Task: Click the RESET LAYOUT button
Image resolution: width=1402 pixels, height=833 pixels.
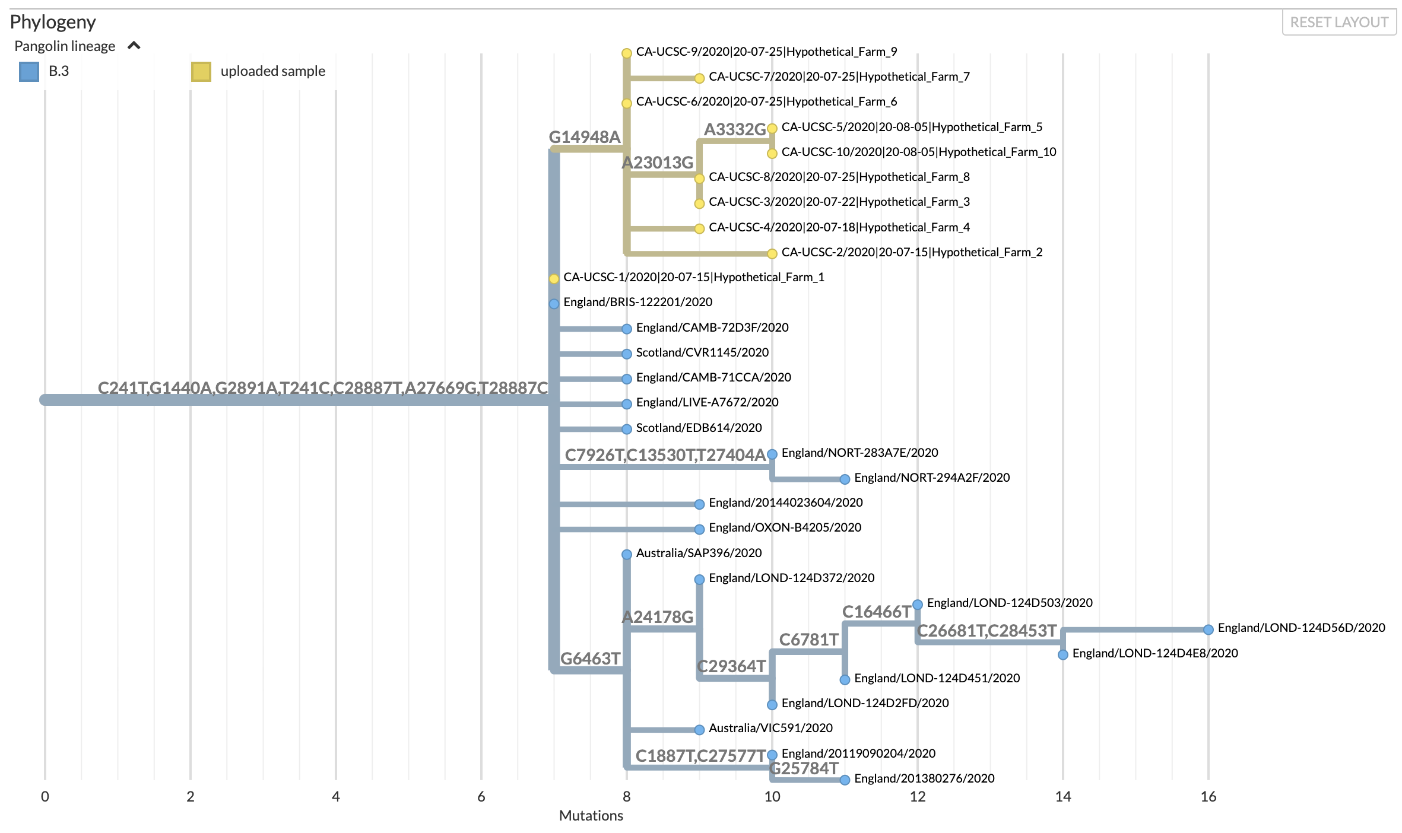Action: (1338, 23)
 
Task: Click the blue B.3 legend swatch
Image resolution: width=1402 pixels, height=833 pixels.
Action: (29, 72)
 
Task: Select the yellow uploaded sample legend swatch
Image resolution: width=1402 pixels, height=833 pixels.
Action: (201, 72)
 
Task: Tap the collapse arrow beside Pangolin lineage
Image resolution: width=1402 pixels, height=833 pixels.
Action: (134, 46)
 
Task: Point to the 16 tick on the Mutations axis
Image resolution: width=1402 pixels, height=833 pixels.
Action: (1208, 797)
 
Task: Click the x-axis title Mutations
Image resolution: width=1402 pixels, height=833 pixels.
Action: (591, 816)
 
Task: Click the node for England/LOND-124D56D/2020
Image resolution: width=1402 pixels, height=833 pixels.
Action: (1208, 629)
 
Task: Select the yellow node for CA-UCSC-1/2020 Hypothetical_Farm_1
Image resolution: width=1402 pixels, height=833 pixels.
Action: (554, 279)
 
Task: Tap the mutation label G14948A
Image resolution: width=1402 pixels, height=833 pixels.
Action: (585, 137)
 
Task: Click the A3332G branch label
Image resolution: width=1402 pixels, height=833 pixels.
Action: (735, 129)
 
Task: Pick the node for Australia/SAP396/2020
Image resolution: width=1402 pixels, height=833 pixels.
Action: (627, 555)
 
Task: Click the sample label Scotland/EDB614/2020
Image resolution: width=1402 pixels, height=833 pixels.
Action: (699, 428)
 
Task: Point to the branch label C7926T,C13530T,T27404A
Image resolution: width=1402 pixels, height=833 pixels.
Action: (665, 455)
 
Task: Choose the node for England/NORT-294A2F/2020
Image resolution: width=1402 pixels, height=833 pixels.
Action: (845, 479)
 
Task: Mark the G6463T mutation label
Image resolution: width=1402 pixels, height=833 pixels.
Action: (590, 659)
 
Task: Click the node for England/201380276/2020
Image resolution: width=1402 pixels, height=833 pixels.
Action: (845, 780)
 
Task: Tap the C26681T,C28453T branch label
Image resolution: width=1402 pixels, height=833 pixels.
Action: (987, 631)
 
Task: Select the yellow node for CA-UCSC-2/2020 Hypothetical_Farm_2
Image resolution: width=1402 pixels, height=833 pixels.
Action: (772, 254)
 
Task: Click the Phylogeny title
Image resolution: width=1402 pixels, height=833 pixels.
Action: (53, 22)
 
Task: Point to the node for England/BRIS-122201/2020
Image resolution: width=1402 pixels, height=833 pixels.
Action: (554, 304)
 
